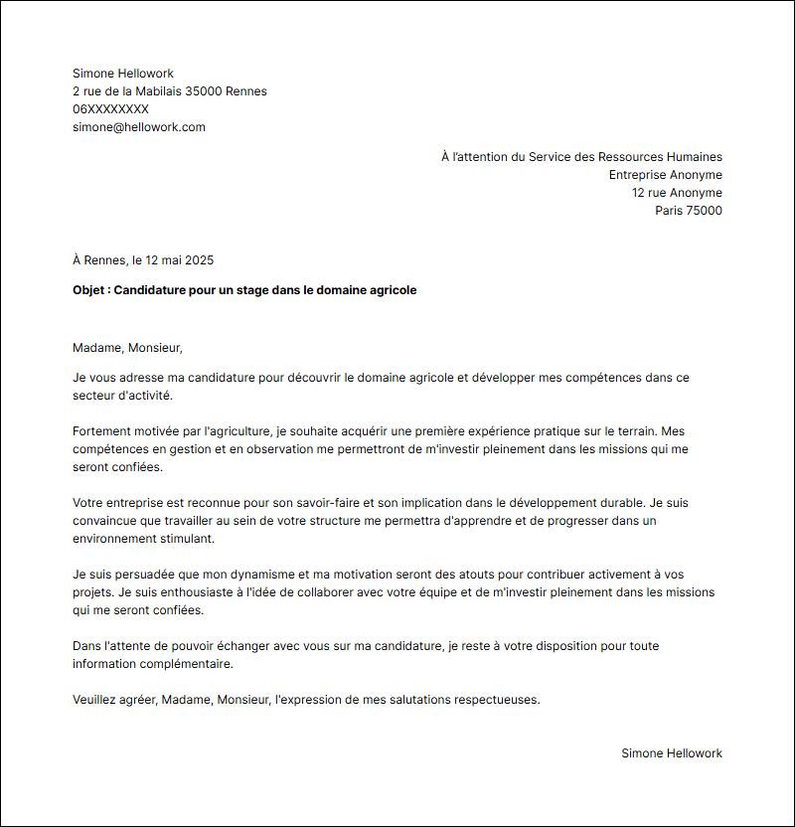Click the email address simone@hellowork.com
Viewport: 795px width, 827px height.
(x=139, y=127)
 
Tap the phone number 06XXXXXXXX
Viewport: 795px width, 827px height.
(x=110, y=109)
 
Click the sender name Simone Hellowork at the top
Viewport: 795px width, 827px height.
(x=123, y=74)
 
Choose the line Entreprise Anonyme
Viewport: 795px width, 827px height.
(x=666, y=175)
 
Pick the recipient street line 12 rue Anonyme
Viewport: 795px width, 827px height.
(x=677, y=193)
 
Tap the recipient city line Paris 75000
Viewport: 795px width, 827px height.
(x=689, y=211)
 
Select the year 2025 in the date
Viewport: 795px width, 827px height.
(x=198, y=260)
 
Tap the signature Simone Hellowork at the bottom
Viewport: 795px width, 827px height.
(x=672, y=753)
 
